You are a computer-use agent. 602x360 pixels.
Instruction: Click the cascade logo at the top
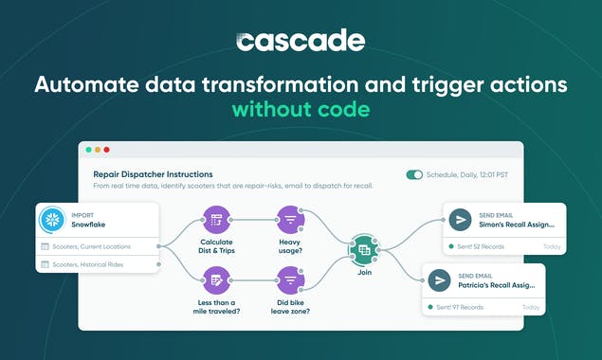click(x=300, y=42)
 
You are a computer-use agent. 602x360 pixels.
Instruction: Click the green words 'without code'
click(x=301, y=110)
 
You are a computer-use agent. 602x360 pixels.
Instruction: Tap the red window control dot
click(x=107, y=150)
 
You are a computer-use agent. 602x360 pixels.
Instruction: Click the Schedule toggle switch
click(x=414, y=175)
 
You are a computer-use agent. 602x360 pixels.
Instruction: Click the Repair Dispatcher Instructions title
click(x=153, y=174)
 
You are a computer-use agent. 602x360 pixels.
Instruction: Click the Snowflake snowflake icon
click(x=52, y=219)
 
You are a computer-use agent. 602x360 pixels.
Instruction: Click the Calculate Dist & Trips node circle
click(x=217, y=220)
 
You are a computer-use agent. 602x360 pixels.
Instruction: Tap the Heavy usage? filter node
click(x=289, y=220)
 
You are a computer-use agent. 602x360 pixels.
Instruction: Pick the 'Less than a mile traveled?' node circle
click(x=217, y=279)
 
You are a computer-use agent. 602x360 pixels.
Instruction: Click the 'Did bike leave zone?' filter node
click(x=289, y=279)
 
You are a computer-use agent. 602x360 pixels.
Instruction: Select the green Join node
click(x=363, y=249)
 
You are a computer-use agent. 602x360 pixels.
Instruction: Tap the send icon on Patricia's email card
click(x=439, y=281)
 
